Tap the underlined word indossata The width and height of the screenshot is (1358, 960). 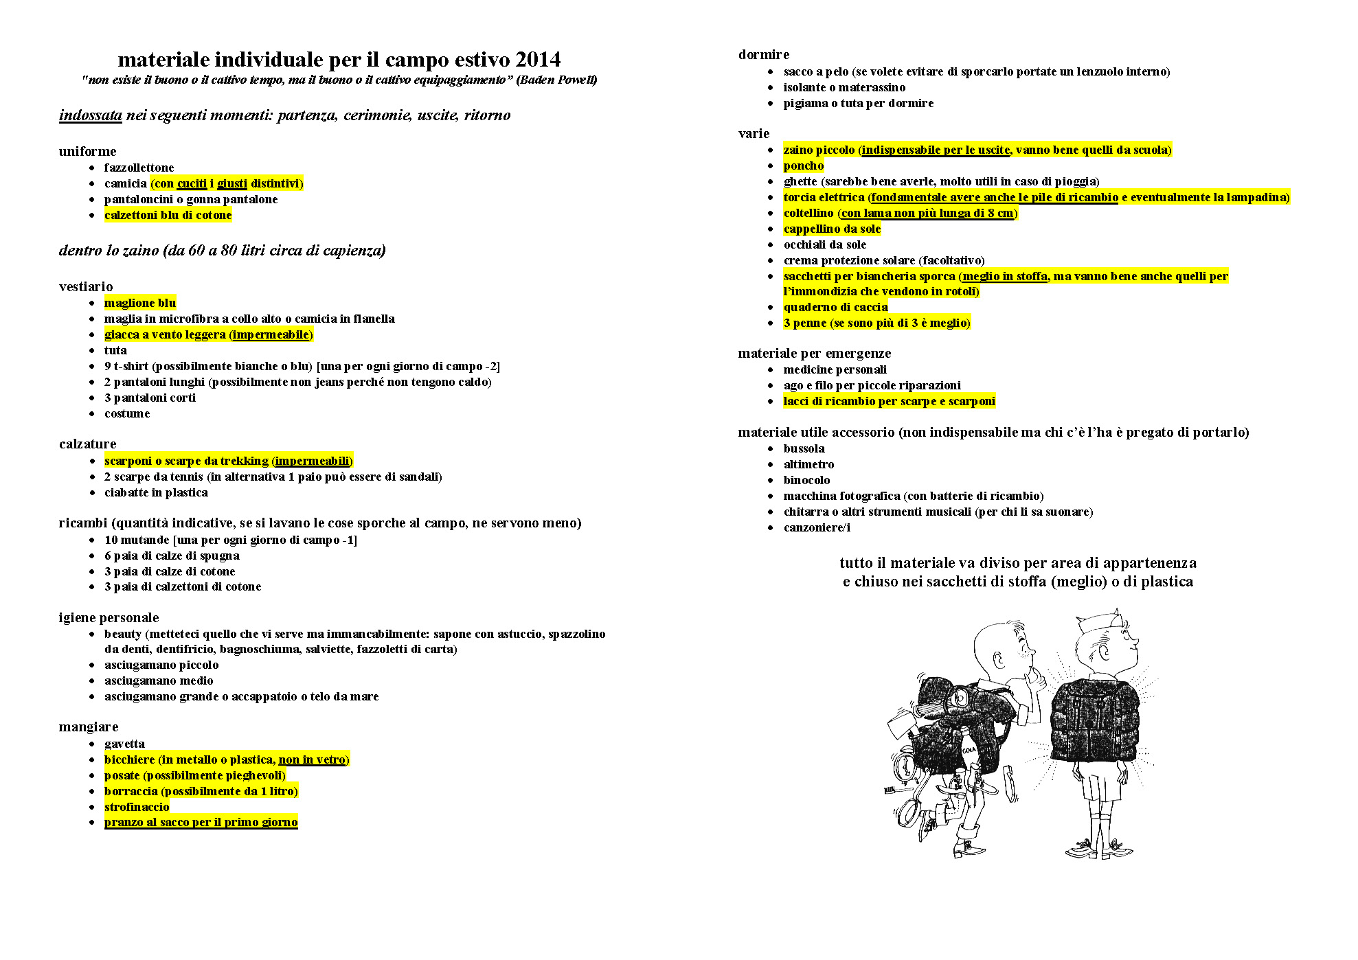click(x=90, y=115)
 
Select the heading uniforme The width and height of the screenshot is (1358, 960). click(x=87, y=151)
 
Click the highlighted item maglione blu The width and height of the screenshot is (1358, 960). click(x=140, y=303)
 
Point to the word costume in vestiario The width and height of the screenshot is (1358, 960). click(x=127, y=413)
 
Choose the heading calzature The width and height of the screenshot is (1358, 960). click(x=87, y=444)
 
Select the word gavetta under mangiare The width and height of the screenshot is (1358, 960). click(x=124, y=744)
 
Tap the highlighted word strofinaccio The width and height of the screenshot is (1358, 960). click(x=137, y=807)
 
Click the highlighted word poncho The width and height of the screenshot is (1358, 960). click(x=804, y=165)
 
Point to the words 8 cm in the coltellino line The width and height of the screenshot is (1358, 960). click(x=999, y=213)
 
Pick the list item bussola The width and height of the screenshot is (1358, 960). click(x=804, y=448)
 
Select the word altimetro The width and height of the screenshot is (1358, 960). click(x=808, y=464)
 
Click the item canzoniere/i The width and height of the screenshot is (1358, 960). click(x=817, y=527)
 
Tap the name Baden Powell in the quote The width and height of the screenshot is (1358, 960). click(x=557, y=80)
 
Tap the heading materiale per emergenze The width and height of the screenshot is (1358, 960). click(x=814, y=353)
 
